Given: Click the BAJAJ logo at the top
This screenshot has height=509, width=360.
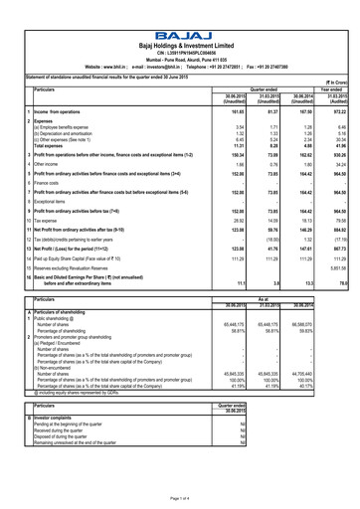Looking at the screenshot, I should tap(180, 13).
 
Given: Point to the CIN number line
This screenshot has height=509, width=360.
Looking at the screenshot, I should tap(180, 40).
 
